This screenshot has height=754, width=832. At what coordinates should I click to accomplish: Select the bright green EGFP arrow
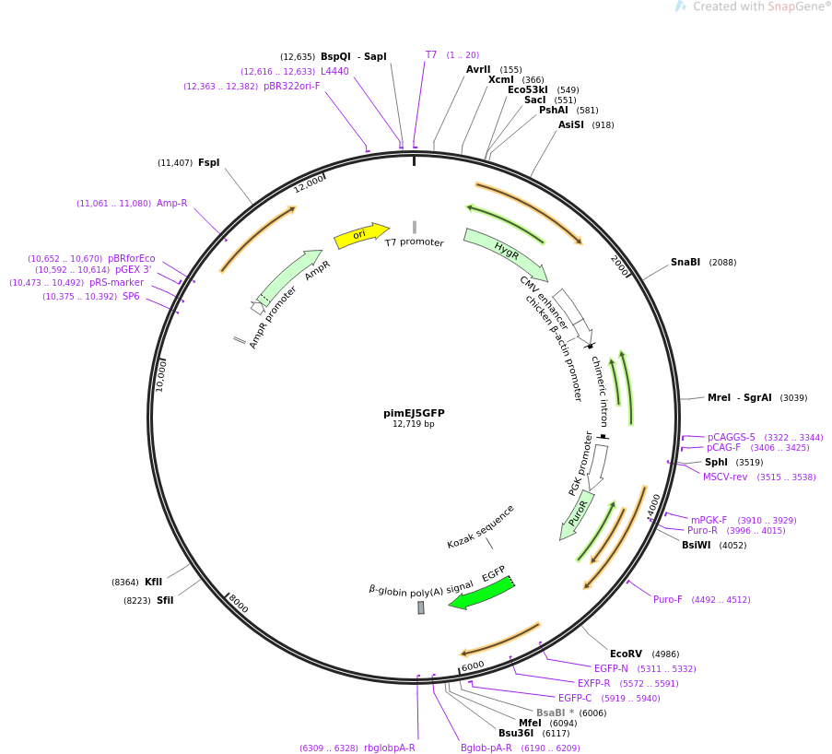click(x=481, y=593)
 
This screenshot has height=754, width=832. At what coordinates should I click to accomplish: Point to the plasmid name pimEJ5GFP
click(x=414, y=413)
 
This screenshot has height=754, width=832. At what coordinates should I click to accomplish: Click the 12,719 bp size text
click(x=414, y=424)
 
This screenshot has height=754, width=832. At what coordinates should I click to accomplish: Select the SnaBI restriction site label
click(x=686, y=263)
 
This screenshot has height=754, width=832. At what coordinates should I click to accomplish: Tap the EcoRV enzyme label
click(x=626, y=654)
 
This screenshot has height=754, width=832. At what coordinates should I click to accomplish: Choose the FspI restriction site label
click(x=208, y=163)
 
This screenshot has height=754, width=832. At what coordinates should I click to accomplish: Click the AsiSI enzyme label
click(x=571, y=125)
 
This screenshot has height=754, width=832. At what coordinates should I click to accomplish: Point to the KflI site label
click(x=153, y=583)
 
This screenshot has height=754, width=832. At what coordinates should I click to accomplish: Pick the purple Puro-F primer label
click(x=668, y=600)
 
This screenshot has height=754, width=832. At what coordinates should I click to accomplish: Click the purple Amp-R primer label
click(x=171, y=204)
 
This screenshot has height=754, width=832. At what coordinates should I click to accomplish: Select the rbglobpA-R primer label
click(x=389, y=748)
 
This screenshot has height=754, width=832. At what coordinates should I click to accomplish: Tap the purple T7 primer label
click(x=431, y=55)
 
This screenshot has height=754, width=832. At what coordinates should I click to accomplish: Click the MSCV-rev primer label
click(x=725, y=477)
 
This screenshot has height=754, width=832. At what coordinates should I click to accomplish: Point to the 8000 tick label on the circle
click(x=238, y=604)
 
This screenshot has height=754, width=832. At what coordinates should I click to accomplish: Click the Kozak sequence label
click(x=480, y=527)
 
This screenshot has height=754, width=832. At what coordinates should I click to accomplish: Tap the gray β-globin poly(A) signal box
click(x=421, y=607)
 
